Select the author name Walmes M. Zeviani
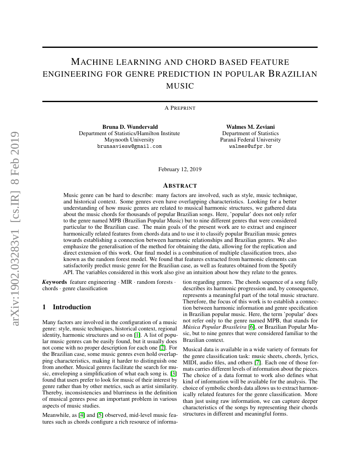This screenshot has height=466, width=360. pos(250,127)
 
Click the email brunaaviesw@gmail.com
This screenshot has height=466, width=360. pos(129,146)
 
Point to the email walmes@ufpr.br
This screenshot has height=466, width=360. pos(250,146)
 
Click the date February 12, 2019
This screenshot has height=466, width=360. pos(180,169)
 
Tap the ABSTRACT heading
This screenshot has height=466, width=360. pos(180,186)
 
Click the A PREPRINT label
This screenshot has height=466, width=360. pos(180,108)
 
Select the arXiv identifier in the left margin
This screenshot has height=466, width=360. pos(16,229)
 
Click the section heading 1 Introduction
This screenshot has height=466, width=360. pos(67,307)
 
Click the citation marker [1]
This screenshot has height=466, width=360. pos(137,335)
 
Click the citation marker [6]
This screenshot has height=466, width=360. pos(252,327)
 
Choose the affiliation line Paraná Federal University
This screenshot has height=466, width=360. pos(250,140)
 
